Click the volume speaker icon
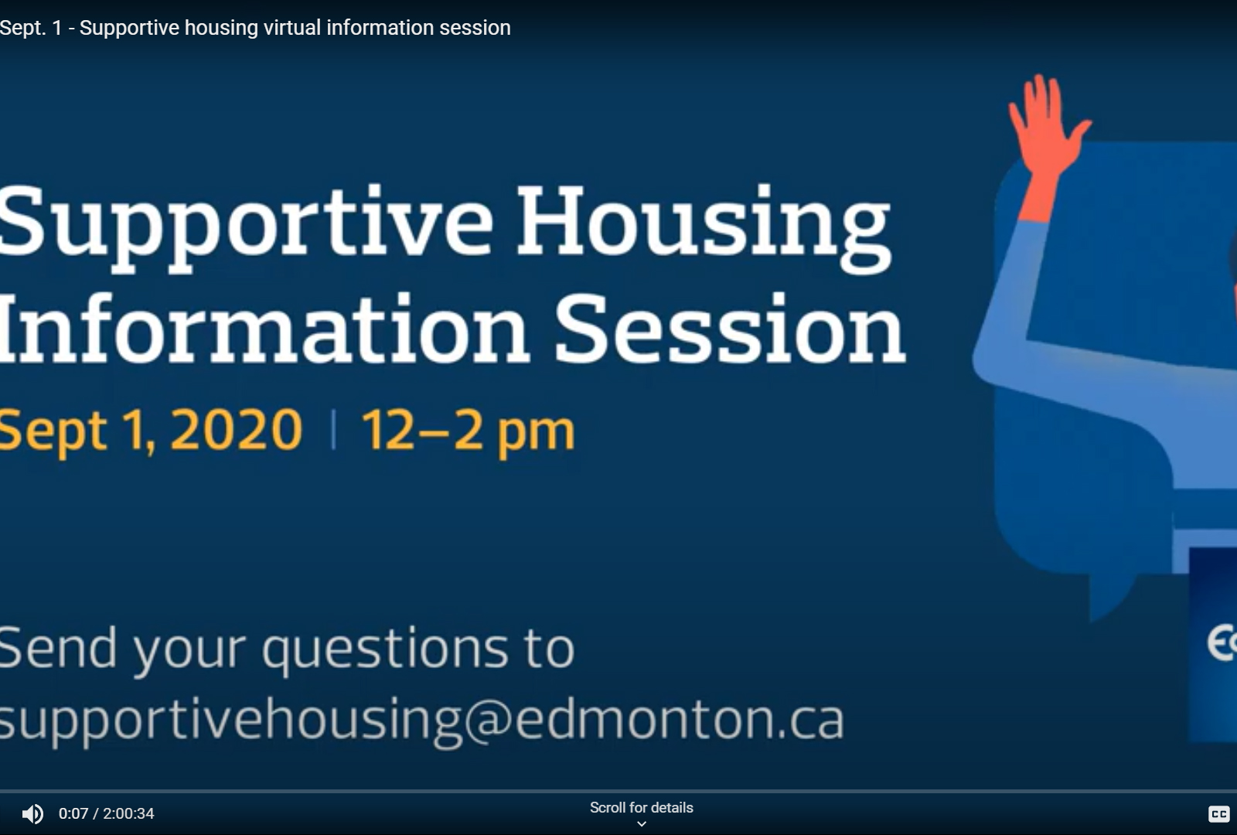click(x=32, y=814)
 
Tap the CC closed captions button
click(x=1218, y=813)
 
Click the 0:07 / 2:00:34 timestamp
click(x=106, y=813)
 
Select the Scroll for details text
click(x=641, y=807)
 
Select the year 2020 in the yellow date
click(x=237, y=430)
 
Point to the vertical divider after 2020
click(x=333, y=430)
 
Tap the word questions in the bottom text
click(x=384, y=649)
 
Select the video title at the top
click(x=255, y=28)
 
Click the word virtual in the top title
click(x=292, y=27)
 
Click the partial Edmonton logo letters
click(x=1222, y=642)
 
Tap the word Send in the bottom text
click(x=58, y=647)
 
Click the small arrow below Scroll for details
click(x=641, y=824)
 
